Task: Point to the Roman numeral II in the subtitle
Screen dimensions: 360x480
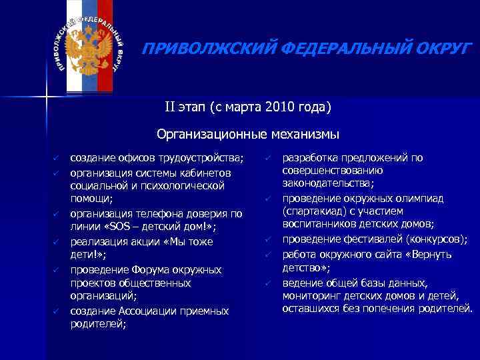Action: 172,107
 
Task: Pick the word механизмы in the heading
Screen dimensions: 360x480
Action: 303,135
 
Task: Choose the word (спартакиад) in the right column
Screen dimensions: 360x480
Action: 313,211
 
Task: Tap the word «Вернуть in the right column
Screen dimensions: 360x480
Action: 429,254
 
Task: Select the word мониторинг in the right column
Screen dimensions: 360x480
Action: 313,295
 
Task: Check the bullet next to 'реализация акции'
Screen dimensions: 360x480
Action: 58,241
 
